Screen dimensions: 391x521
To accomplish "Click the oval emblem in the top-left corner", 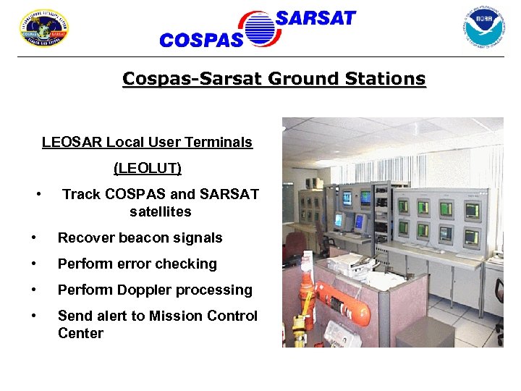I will (x=43, y=28).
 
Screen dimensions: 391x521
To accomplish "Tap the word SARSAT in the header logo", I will (x=315, y=19).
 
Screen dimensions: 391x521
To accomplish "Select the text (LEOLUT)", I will (x=148, y=169).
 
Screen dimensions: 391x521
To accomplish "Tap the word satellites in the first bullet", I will (x=161, y=212).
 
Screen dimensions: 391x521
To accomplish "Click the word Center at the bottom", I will (x=80, y=334).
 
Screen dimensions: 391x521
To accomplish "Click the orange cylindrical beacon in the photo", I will (x=340, y=297).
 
